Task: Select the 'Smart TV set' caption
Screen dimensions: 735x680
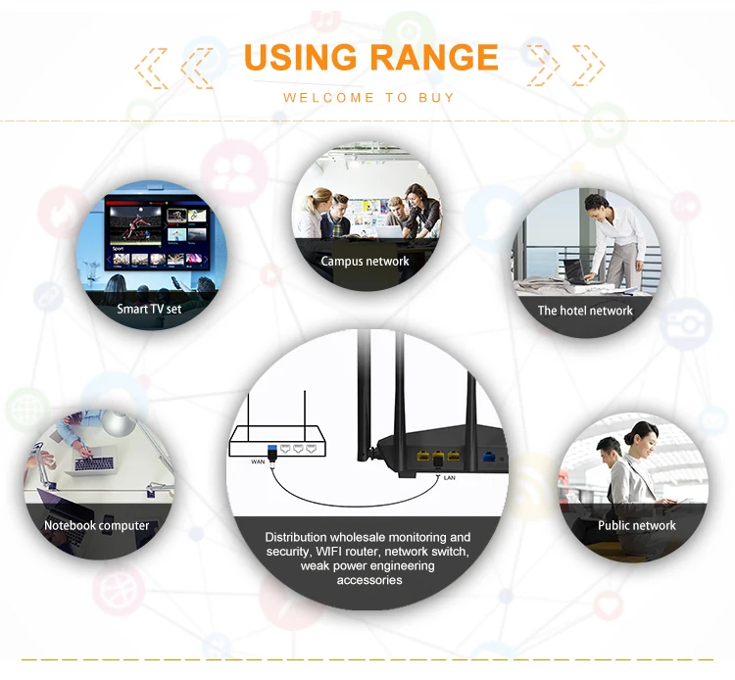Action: click(149, 309)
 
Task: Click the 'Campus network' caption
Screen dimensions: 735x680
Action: click(365, 262)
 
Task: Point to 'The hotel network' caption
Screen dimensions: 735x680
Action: click(585, 311)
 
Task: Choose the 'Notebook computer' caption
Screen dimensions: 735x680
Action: click(97, 526)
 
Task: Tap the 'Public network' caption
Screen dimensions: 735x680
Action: click(637, 526)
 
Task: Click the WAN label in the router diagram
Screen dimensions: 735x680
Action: click(259, 461)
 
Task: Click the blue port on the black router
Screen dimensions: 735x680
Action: click(487, 457)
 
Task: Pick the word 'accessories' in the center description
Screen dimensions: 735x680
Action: click(369, 580)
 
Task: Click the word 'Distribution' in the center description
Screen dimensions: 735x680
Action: click(301, 537)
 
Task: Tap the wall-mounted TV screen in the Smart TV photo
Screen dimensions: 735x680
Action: click(159, 235)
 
